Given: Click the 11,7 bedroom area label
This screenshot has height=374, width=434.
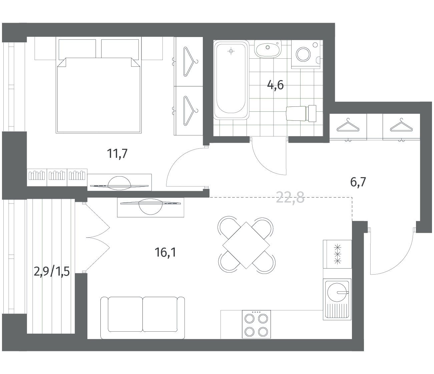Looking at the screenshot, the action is [117, 154].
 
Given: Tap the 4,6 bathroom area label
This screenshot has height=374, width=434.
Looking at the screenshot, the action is [275, 85].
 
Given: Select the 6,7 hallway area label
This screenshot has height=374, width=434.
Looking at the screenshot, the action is [358, 182].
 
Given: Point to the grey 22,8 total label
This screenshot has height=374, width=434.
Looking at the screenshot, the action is [290, 198].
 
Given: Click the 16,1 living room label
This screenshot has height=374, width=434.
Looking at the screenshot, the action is [165, 253].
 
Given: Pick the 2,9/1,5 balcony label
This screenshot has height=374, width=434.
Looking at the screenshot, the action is [52, 272].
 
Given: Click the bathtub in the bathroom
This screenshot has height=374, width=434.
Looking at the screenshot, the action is [231, 80].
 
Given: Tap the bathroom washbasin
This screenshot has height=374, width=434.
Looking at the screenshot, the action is [268, 49].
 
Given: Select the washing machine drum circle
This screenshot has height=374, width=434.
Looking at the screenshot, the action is [303, 55].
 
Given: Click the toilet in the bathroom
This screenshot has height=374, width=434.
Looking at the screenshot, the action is [301, 114].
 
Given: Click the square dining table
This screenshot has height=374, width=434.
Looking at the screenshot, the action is [246, 245].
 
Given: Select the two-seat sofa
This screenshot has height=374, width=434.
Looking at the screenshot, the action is [142, 317].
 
